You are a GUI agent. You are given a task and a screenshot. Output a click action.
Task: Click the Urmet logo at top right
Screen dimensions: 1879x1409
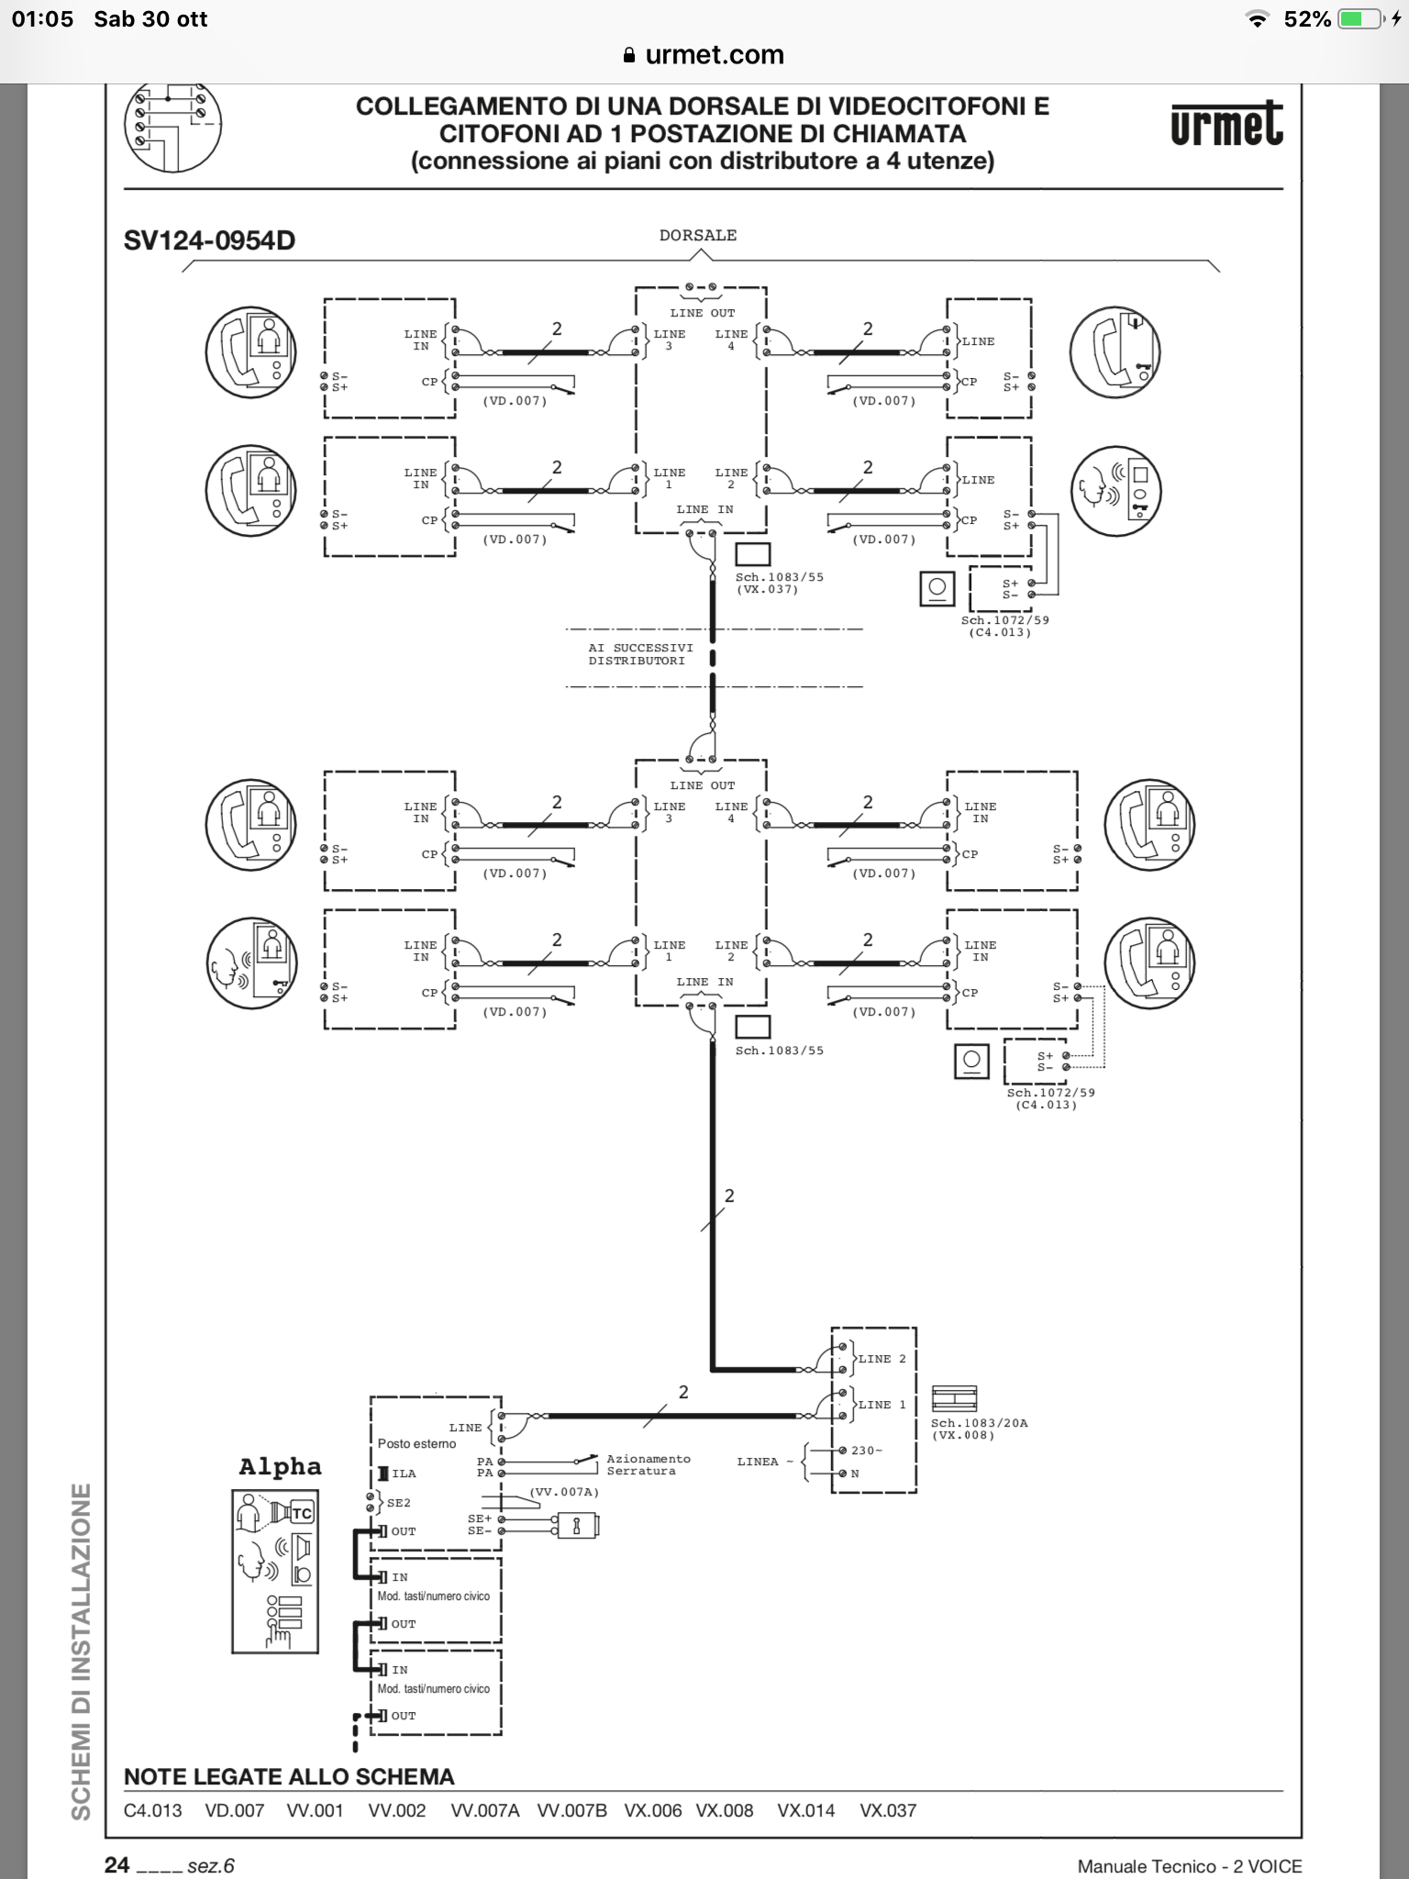(1226, 126)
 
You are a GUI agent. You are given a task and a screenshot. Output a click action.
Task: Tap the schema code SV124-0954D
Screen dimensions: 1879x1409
(209, 240)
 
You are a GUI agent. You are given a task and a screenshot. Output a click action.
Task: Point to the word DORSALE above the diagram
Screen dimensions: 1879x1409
(697, 236)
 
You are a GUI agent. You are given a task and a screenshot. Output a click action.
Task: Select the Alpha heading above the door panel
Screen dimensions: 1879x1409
(280, 1466)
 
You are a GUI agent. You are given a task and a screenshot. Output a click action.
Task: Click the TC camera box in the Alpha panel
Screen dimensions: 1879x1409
(301, 1514)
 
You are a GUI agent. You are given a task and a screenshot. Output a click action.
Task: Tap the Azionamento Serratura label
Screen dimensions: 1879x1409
(648, 1464)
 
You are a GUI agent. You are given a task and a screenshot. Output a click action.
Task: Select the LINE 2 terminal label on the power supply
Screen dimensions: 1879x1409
(882, 1359)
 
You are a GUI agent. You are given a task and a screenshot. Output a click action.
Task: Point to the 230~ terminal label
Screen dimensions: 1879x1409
(866, 1451)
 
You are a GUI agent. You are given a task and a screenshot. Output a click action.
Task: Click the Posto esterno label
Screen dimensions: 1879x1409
(416, 1443)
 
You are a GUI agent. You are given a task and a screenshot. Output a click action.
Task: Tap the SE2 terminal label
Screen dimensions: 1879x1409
(398, 1503)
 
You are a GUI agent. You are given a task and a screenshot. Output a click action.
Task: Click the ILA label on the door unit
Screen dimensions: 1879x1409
(404, 1473)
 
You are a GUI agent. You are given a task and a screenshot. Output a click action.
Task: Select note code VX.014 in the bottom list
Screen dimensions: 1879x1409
(805, 1810)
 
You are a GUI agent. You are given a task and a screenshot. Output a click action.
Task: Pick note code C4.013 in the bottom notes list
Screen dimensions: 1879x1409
(152, 1810)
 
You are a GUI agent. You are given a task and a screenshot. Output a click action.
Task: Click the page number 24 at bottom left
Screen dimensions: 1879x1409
(116, 1864)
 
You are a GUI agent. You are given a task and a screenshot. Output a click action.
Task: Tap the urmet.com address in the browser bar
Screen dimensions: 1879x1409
(714, 55)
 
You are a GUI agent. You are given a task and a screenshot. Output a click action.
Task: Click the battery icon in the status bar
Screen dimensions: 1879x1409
(1359, 19)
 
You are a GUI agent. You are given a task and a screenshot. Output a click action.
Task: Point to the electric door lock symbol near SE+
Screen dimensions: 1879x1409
(577, 1525)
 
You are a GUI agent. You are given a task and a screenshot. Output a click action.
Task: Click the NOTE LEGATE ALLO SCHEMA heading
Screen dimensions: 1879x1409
(289, 1776)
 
